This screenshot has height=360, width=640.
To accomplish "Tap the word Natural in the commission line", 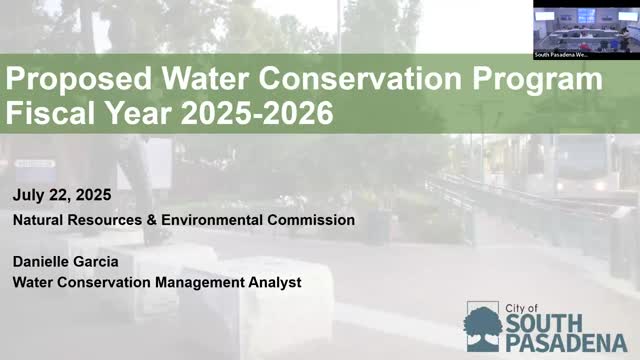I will click(x=38, y=219).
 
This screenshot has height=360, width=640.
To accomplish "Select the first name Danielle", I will click(x=42, y=261).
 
